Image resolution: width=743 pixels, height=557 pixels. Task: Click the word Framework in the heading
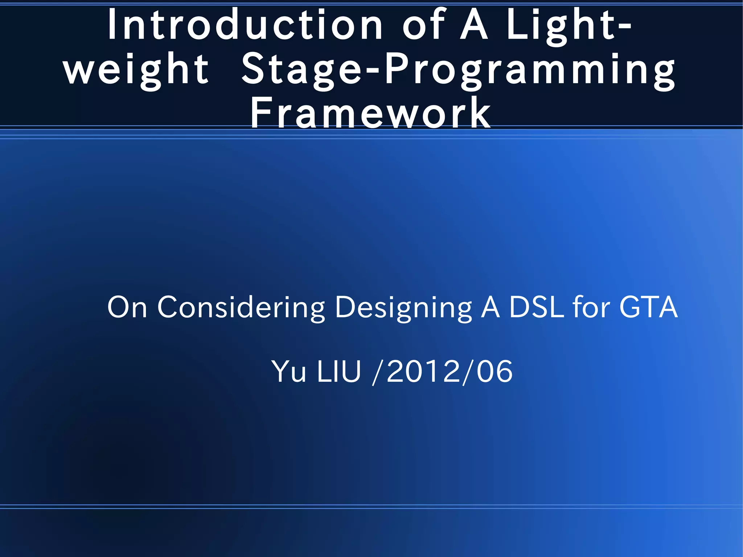point(370,113)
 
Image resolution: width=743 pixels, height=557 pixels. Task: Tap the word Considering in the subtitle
point(241,307)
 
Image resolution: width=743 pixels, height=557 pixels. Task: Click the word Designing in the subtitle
point(403,307)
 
